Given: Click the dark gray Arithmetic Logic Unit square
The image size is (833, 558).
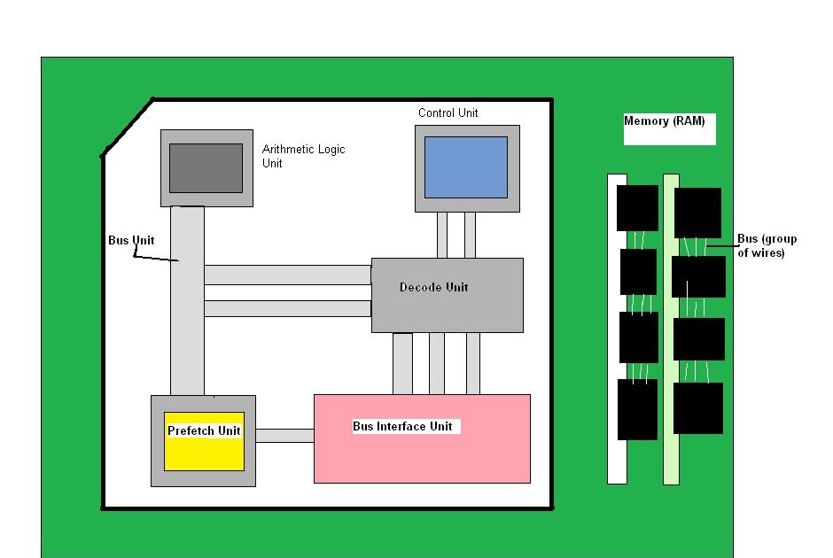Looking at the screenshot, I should point(206,168).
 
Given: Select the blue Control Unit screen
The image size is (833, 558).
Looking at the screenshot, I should point(466,167).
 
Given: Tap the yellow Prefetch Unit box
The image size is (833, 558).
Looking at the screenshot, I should point(204,441).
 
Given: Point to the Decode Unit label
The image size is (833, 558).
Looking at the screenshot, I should point(433,287).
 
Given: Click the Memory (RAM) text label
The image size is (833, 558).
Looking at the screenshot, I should point(665,121).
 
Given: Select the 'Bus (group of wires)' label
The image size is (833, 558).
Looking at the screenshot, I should point(767,245).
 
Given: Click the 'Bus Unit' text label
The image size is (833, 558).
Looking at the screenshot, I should point(131,240).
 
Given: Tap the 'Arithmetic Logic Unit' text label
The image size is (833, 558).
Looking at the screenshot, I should point(303,156).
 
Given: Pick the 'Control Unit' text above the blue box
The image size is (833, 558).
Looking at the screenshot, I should point(448,112).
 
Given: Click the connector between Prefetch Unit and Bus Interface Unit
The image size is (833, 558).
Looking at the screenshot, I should point(284,435).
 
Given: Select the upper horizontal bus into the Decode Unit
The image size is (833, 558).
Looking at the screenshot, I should point(287,275).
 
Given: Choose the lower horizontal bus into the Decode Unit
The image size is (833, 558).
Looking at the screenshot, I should point(287,308).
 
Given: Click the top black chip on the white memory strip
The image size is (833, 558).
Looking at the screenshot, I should point(638,208).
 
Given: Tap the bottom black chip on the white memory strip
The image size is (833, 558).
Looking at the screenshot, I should point(638,409).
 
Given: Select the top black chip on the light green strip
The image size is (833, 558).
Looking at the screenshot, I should point(697,213).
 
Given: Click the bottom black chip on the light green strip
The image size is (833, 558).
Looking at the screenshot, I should point(697,407).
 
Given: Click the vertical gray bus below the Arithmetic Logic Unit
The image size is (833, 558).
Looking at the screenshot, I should point(187,301).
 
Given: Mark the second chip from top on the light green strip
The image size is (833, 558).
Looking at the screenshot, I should point(698,276).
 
